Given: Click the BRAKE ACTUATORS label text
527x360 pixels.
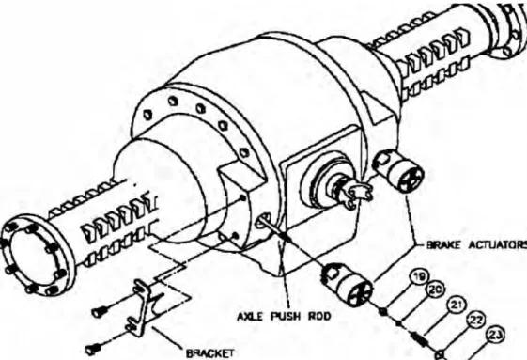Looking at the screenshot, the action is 476,245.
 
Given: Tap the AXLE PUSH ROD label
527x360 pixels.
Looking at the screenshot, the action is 284,316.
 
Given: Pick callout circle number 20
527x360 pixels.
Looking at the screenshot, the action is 436,290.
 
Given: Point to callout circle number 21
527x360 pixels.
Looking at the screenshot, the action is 457,305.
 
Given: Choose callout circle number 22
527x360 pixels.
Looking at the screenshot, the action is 475,321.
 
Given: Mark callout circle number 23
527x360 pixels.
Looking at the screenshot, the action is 494,336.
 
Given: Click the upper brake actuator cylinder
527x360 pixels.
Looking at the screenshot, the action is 398,170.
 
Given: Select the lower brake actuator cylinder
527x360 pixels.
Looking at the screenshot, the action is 348,283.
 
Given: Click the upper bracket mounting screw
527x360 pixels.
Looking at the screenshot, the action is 100,313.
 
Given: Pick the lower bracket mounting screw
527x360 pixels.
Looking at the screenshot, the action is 92,350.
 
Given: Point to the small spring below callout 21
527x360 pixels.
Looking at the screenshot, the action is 418,337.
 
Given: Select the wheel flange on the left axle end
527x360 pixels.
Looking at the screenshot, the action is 36,256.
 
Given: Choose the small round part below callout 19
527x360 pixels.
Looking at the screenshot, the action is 382,311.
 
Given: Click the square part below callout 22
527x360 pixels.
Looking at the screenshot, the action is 440,354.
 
